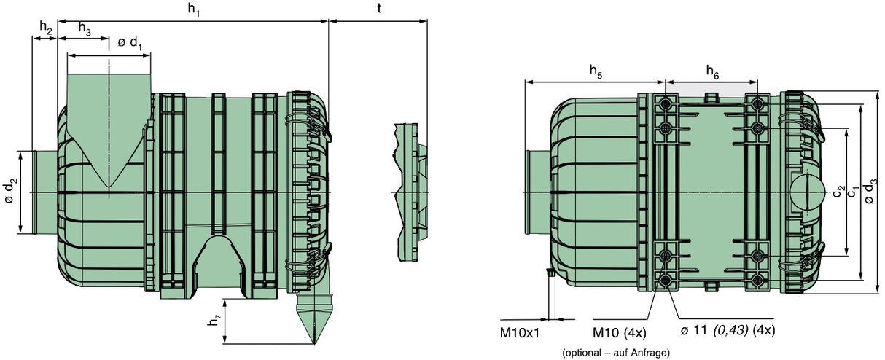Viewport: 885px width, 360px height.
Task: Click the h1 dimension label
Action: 194,9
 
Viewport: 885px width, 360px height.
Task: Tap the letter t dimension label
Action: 379,8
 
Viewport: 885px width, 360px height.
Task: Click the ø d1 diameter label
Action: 130,43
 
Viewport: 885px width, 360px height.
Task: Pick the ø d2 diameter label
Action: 12,191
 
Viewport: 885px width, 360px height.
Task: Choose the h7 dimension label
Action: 214,321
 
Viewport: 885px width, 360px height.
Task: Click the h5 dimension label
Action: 596,71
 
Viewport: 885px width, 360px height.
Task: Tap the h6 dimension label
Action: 713,72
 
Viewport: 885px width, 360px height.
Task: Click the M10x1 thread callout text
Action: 520,333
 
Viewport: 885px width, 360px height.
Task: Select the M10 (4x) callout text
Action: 620,333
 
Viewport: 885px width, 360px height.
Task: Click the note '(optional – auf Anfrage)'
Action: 616,352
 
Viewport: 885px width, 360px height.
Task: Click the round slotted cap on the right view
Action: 808,192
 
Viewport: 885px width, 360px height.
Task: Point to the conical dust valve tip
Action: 314,343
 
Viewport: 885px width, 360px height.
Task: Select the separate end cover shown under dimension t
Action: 411,192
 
